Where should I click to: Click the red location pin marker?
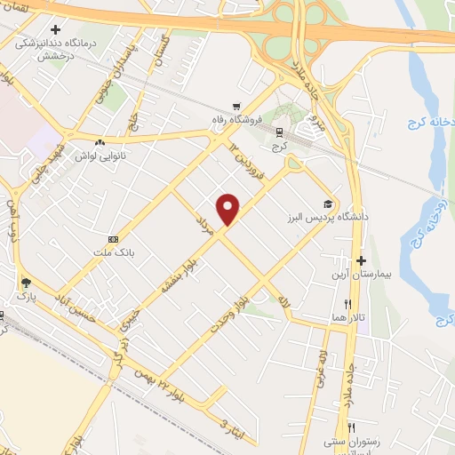tap(229, 208)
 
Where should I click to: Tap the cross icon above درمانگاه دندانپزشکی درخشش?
tap(55, 29)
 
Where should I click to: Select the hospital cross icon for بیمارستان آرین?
tap(361, 261)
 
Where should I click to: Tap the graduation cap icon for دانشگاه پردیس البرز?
tap(330, 204)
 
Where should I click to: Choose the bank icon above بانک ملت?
tap(113, 239)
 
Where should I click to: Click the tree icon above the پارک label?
tap(24, 284)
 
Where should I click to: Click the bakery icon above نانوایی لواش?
tap(100, 142)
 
